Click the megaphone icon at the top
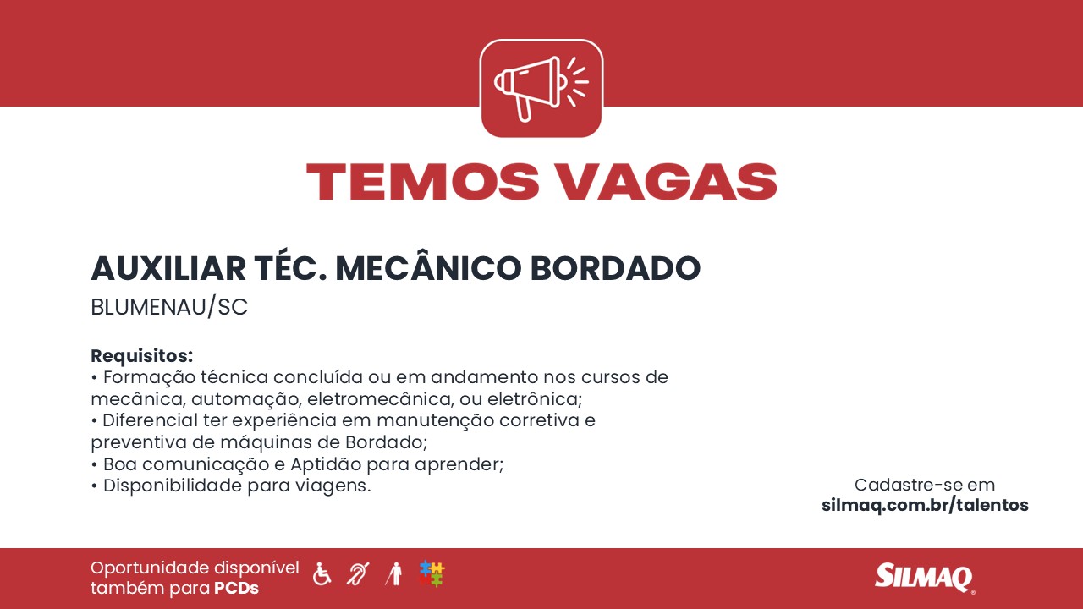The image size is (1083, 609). (541, 89)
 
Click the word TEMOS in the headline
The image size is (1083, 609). (422, 182)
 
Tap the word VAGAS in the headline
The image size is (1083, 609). (668, 182)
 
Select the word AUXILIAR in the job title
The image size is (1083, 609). (168, 268)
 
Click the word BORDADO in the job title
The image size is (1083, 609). (615, 268)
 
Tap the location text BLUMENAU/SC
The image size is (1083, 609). (169, 307)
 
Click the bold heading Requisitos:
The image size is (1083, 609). (141, 356)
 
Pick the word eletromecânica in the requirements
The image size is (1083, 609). (381, 399)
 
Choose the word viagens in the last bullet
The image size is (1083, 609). (333, 486)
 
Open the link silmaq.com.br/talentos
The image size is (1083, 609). (925, 505)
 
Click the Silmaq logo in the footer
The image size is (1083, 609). (925, 577)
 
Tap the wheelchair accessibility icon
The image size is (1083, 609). (322, 573)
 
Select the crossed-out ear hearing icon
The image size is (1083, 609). (358, 573)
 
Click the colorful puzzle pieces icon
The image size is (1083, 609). (432, 573)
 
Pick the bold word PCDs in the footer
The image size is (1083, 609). (236, 588)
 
